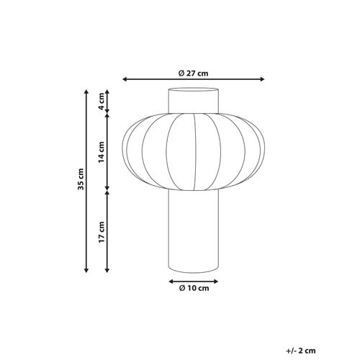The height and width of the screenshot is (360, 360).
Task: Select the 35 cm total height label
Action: (81, 181)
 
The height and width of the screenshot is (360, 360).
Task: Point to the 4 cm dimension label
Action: (102, 101)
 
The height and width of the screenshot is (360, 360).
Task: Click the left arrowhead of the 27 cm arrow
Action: (126, 80)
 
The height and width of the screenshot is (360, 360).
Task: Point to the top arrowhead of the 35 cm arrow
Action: (87, 92)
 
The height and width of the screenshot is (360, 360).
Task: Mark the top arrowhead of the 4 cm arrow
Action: (107, 92)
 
